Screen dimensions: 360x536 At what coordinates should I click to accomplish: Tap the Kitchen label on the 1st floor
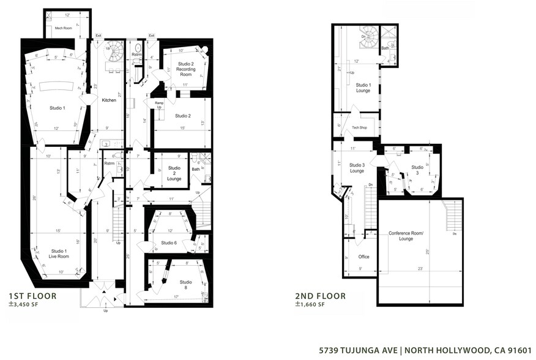(109, 100)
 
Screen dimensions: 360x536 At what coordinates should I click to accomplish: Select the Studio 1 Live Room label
(59, 253)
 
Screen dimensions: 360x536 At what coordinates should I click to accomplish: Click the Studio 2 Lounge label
(174, 173)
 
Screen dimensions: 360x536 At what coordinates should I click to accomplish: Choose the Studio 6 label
(169, 243)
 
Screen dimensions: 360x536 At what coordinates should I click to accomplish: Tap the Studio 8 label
(186, 285)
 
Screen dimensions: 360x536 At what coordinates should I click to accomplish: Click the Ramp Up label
(159, 105)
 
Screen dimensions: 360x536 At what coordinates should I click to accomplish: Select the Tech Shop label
(359, 128)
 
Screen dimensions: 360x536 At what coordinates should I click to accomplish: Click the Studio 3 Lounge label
(357, 167)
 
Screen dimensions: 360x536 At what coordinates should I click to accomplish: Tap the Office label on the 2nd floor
(363, 257)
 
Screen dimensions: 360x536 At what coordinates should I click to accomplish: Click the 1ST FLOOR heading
(32, 296)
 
